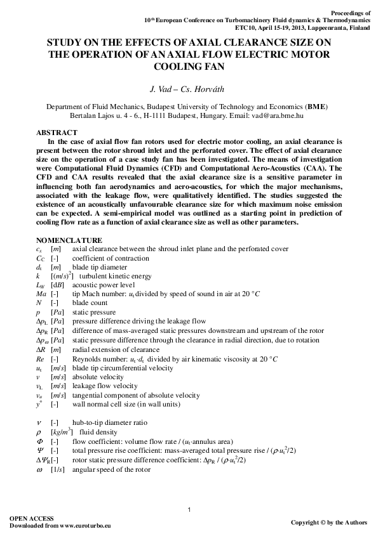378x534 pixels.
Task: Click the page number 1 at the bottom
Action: tap(189, 511)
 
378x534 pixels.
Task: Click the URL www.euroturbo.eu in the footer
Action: tap(86, 526)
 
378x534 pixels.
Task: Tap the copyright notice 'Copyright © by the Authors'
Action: tap(328, 522)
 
